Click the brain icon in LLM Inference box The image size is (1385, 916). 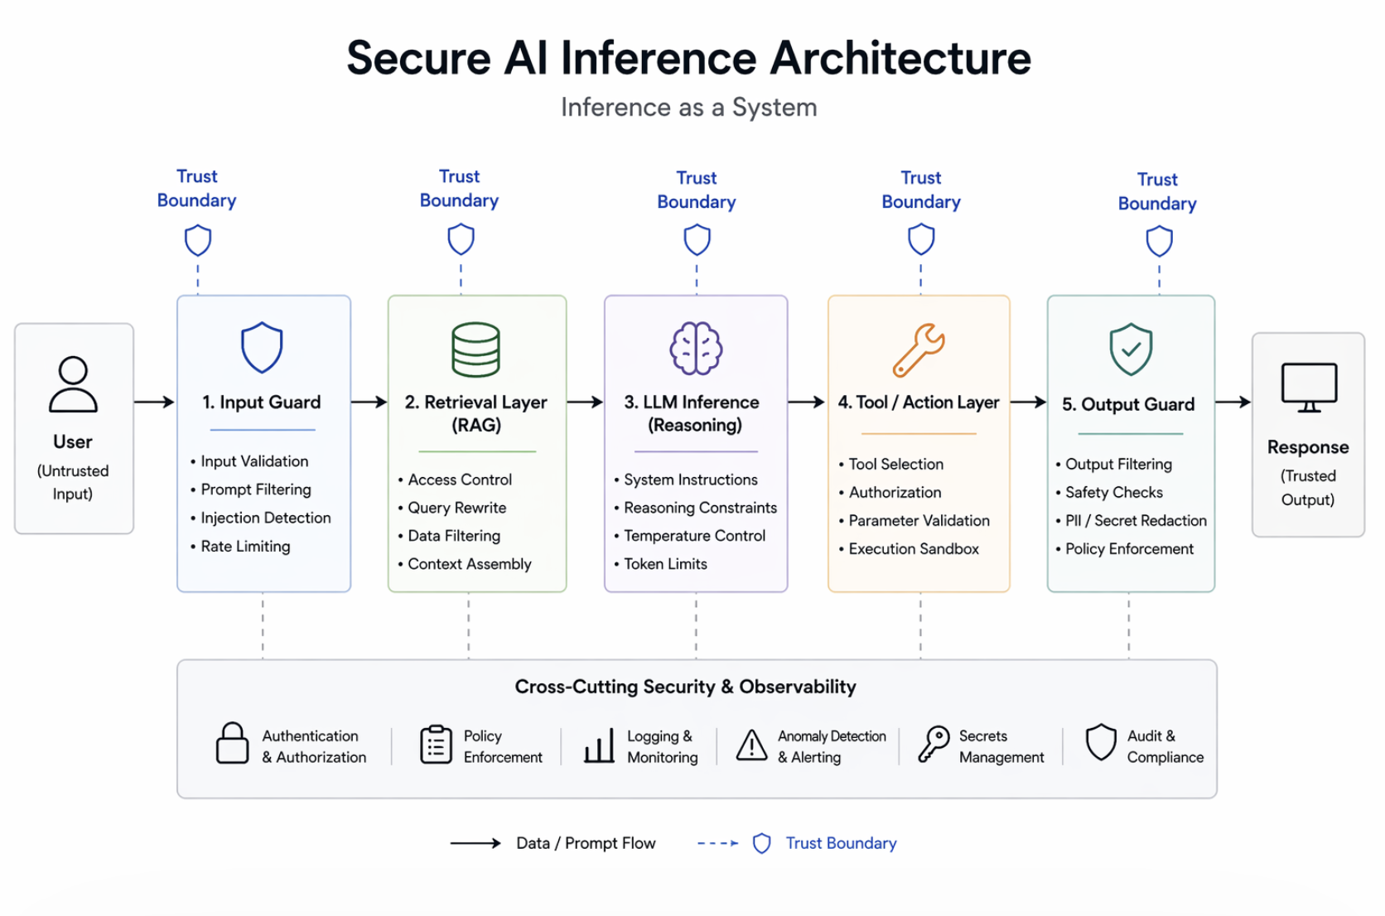pos(696,349)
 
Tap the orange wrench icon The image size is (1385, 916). pos(918,350)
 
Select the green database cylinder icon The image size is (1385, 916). pos(475,350)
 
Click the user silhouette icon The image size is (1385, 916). pos(73,383)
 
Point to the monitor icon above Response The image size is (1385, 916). pos(1309,388)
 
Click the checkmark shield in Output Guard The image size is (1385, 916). pos(1130,350)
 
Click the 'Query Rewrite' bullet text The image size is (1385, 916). pos(457,508)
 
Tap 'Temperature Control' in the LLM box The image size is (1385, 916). pos(694,536)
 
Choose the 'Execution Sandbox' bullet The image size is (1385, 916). pos(913,549)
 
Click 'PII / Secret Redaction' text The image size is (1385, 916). pos(1136,520)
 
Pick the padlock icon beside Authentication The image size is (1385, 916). pos(232,744)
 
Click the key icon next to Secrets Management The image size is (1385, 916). pos(934,745)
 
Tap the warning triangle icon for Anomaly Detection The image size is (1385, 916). pos(751,745)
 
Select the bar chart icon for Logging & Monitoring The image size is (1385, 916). pos(599,745)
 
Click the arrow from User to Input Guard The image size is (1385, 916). pos(155,403)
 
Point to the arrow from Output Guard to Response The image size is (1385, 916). pos(1233,403)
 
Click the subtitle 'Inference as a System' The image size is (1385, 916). pos(689,108)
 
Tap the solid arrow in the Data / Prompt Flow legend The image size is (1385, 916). pos(475,843)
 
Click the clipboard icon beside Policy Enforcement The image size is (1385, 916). pos(436,745)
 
